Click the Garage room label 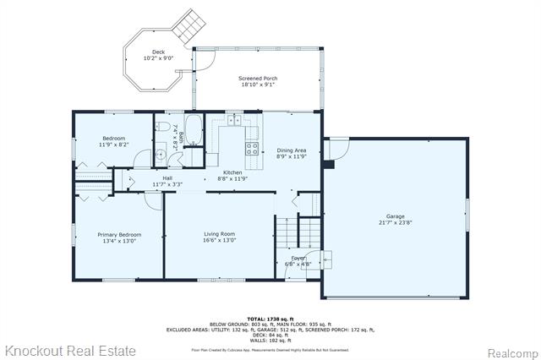[396, 216]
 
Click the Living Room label [219, 234]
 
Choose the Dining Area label [291, 150]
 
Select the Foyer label [299, 259]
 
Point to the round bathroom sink [160, 155]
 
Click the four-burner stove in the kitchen [251, 150]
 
